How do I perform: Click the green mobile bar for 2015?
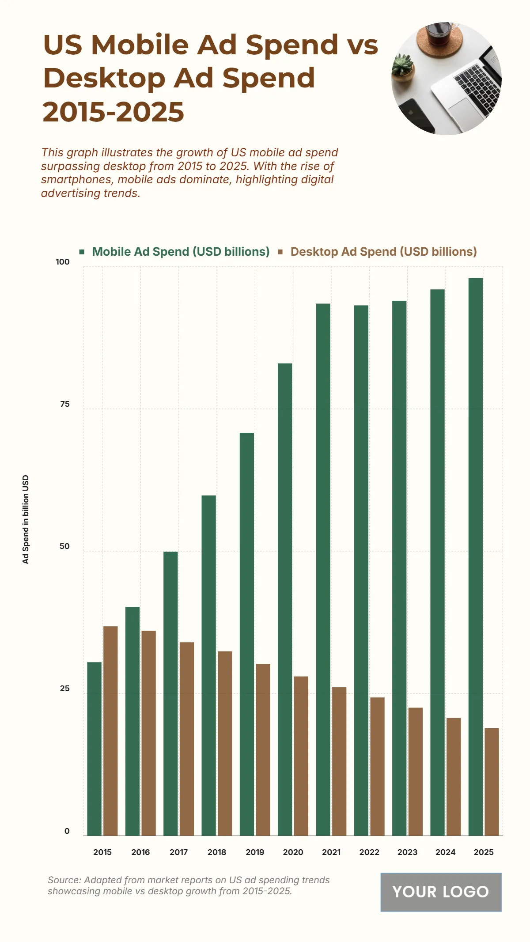tap(94, 749)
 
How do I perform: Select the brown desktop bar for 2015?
tap(110, 730)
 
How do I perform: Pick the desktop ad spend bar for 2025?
tap(492, 782)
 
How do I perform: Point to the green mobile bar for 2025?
tap(476, 556)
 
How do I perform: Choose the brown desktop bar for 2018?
tap(225, 743)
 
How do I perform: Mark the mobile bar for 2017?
tap(170, 693)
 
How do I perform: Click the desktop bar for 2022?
tap(377, 766)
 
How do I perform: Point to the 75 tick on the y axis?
tap(65, 404)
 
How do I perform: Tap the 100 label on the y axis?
tap(63, 261)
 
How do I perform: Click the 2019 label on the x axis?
tap(255, 852)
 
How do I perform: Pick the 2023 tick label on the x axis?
tap(407, 852)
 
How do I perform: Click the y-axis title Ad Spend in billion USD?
tap(26, 519)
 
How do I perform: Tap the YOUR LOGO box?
tap(441, 892)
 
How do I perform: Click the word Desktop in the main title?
tap(104, 78)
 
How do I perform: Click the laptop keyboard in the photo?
tap(477, 86)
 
